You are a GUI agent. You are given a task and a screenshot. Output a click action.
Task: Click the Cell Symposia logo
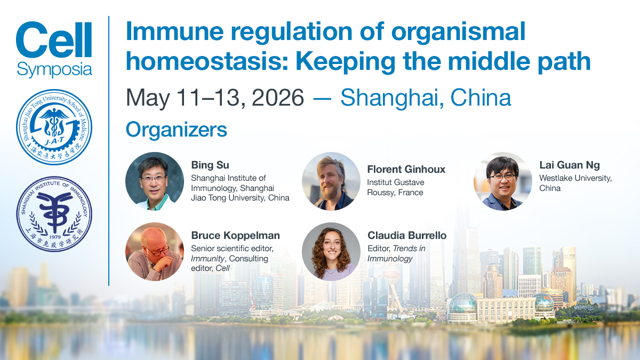[x=54, y=50]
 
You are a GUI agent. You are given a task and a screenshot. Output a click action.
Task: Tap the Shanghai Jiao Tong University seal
[x=54, y=127]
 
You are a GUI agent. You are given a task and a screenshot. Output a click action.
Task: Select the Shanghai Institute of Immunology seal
[x=54, y=214]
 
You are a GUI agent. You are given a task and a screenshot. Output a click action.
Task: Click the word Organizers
[x=177, y=130]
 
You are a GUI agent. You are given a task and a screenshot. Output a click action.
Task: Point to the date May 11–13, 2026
[x=214, y=98]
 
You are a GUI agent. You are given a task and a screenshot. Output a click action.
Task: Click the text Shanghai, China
[x=426, y=98]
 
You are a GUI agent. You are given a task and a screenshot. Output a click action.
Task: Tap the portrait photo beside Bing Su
[x=155, y=181]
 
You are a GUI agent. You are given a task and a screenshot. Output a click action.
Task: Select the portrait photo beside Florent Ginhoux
[x=331, y=181]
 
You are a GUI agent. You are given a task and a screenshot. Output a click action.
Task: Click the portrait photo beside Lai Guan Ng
[x=503, y=181]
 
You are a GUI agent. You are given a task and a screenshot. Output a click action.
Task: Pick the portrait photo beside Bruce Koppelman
[x=155, y=252]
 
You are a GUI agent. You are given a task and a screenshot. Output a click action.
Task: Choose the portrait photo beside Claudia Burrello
[x=331, y=252]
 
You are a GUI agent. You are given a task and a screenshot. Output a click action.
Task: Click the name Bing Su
[x=210, y=165]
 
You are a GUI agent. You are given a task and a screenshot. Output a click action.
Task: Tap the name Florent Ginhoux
[x=406, y=170]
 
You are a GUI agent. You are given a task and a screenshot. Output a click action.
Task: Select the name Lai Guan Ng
[x=570, y=165]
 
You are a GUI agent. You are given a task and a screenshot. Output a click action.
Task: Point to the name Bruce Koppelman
[x=235, y=235]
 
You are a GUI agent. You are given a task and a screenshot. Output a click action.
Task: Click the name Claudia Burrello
[x=407, y=235]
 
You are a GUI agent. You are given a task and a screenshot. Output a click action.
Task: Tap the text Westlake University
[x=575, y=178]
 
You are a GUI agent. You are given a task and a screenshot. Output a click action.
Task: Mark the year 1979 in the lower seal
[x=55, y=237]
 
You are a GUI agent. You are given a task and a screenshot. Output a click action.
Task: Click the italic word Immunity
[x=207, y=259]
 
